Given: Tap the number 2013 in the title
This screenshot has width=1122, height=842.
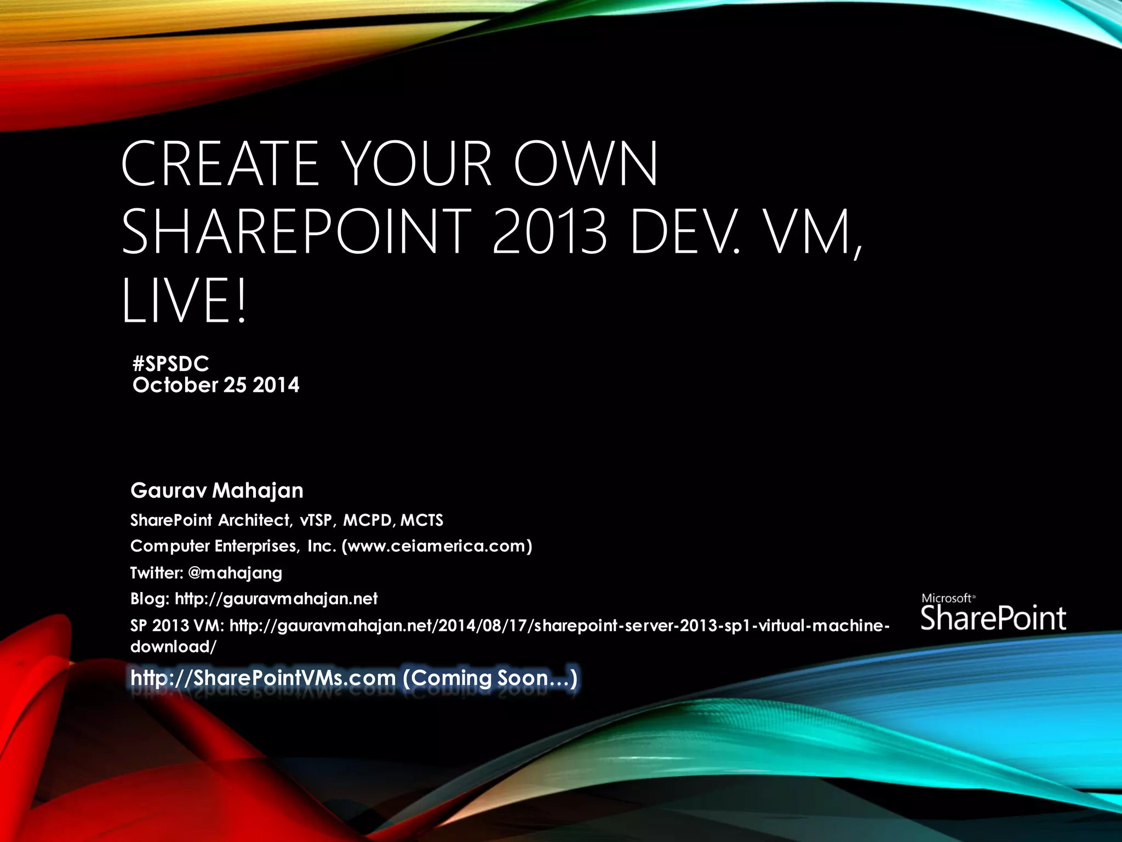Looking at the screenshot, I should (x=549, y=232).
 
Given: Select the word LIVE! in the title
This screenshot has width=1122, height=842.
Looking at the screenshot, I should (x=185, y=301).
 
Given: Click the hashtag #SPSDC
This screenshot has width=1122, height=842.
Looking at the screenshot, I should (x=171, y=363).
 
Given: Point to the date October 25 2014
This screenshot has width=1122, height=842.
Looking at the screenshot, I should (x=216, y=385).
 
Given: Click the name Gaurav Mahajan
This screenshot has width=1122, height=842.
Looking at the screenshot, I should (x=217, y=490).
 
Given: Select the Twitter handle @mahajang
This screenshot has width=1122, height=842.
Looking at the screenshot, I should (x=235, y=572).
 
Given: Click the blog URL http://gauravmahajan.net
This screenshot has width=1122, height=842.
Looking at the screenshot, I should (x=276, y=598).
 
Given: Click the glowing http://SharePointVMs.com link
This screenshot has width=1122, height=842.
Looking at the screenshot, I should (x=263, y=678).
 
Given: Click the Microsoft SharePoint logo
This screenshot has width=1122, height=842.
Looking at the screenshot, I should (x=993, y=613).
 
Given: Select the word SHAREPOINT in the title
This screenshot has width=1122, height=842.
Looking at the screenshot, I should (x=296, y=232).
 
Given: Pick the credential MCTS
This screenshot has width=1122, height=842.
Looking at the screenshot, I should (x=421, y=520).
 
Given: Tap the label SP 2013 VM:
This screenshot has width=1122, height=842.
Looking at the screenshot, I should (x=177, y=625).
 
